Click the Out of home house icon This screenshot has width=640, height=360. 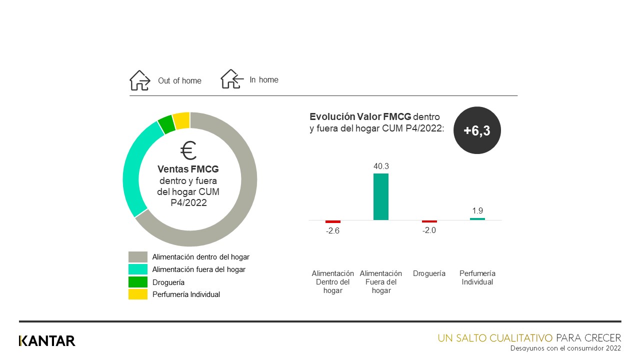click(x=139, y=80)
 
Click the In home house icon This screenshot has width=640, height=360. click(x=231, y=79)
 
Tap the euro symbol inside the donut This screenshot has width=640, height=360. click(x=189, y=150)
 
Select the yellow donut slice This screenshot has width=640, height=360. click(x=181, y=120)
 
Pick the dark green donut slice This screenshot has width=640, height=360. click(x=166, y=124)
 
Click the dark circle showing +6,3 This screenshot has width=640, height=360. click(x=477, y=130)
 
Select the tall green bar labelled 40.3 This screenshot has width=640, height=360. click(x=381, y=196)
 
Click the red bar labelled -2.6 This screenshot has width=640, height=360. click(x=333, y=221)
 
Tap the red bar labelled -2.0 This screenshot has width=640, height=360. click(x=429, y=221)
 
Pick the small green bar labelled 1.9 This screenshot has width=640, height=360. click(x=477, y=219)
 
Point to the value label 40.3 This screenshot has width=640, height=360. click(x=381, y=165)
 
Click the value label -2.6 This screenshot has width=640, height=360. click(x=333, y=231)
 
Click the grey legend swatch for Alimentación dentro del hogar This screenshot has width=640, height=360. click(x=138, y=257)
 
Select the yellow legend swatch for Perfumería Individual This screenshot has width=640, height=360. click(x=138, y=294)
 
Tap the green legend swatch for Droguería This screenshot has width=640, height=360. click(x=138, y=282)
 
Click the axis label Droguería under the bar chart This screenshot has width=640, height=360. click(x=429, y=273)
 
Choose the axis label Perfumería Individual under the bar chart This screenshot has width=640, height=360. click(x=477, y=278)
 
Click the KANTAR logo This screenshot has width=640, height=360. click(x=47, y=341)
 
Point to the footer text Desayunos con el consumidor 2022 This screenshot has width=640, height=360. click(x=565, y=348)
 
